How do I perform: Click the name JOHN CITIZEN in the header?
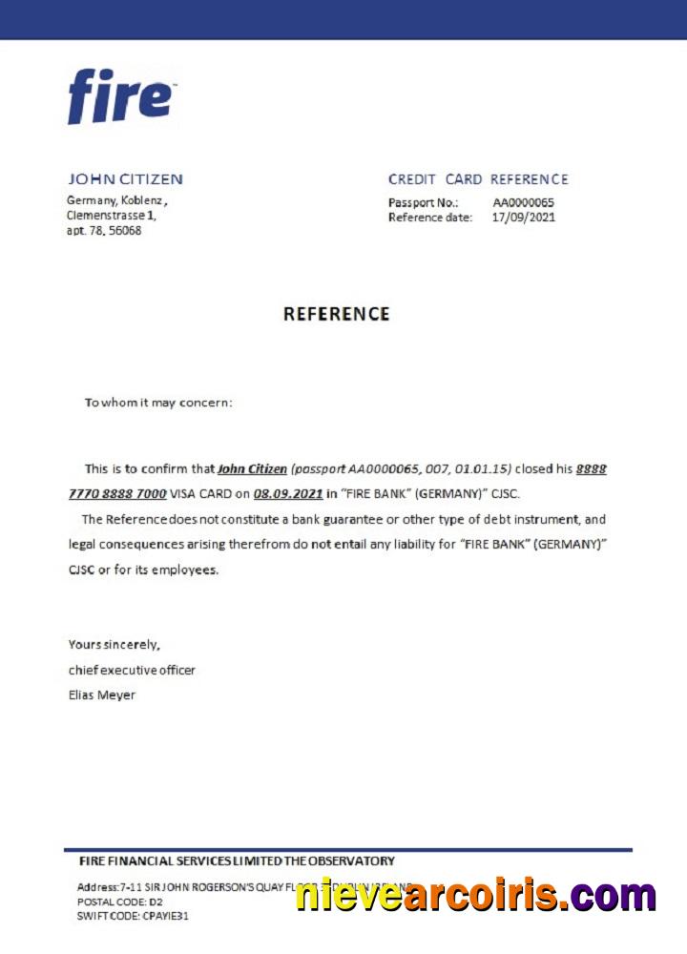(x=125, y=179)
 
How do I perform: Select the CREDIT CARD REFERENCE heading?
(x=477, y=179)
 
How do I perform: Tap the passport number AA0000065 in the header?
(x=523, y=202)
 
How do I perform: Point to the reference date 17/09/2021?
(x=523, y=218)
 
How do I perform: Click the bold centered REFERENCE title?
(x=337, y=314)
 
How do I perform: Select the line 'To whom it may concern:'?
(x=158, y=403)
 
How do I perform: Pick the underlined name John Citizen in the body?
(x=252, y=469)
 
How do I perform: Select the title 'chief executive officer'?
(x=132, y=670)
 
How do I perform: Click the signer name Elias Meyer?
(x=102, y=695)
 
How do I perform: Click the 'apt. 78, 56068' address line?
(x=104, y=231)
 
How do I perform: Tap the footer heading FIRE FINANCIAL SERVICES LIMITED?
(x=181, y=861)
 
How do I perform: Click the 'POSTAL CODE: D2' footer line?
(x=112, y=902)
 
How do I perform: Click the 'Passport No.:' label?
(x=423, y=202)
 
